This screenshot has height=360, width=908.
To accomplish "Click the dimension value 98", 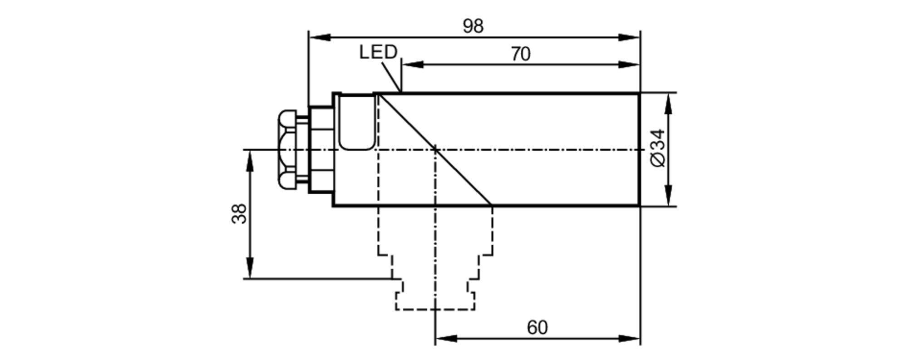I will click(473, 26).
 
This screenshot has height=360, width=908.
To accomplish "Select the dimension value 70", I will click(520, 54).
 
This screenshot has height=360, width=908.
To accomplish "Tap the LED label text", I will click(378, 52).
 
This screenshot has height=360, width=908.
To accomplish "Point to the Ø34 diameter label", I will click(658, 148).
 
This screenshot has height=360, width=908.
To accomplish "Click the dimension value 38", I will click(239, 213).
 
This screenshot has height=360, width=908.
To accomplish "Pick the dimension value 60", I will click(537, 327).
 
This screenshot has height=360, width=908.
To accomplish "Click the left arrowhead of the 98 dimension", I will click(320, 37).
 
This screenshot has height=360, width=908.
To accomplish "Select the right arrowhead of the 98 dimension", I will click(629, 37).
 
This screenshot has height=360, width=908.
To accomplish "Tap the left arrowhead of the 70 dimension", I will click(413, 64).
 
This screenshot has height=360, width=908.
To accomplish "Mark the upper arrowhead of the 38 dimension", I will click(250, 162).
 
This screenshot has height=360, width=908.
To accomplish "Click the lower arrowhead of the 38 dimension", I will click(250, 267).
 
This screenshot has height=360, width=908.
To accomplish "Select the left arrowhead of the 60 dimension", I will click(446, 339).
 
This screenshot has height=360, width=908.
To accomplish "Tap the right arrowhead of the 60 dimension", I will click(629, 339).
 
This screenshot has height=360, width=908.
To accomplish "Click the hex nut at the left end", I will click(287, 149).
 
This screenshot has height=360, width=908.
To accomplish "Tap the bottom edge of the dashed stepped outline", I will click(435, 310).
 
